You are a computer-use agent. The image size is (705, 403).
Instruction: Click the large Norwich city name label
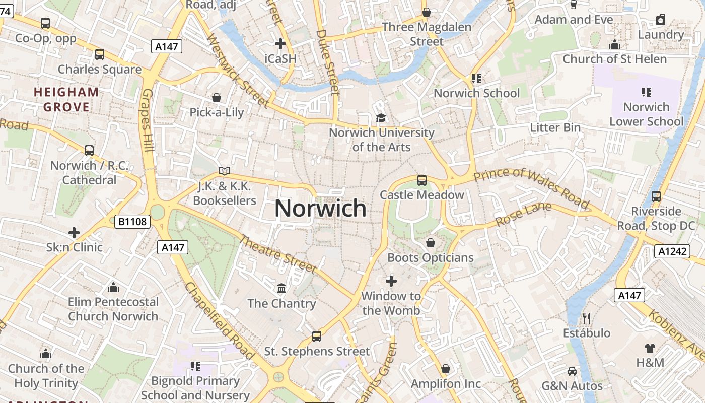[x=321, y=208]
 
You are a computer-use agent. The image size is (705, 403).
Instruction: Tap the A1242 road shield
[x=672, y=251]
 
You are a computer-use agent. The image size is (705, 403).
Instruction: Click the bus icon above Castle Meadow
[x=422, y=180]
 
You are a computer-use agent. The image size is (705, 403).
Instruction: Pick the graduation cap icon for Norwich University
[x=381, y=118]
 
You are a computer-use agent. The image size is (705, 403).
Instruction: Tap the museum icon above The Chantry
[x=281, y=289]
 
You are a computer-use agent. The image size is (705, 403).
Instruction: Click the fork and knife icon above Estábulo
[x=586, y=318]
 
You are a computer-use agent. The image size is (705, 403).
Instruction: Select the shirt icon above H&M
[x=650, y=348]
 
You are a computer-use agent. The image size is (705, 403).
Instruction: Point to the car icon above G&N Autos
[x=572, y=371]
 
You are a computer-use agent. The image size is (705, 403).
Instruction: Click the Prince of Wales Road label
[x=531, y=188]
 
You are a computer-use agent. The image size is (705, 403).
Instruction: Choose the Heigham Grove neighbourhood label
[x=66, y=99]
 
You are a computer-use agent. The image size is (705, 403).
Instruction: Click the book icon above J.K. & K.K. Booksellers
[x=225, y=171]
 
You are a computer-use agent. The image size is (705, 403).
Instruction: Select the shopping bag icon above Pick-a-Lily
[x=217, y=97]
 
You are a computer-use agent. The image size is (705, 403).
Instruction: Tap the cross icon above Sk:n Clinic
[x=74, y=233]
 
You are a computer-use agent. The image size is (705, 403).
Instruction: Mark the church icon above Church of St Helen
[x=614, y=45]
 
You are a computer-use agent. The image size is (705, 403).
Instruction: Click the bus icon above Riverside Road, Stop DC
[x=656, y=196]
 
